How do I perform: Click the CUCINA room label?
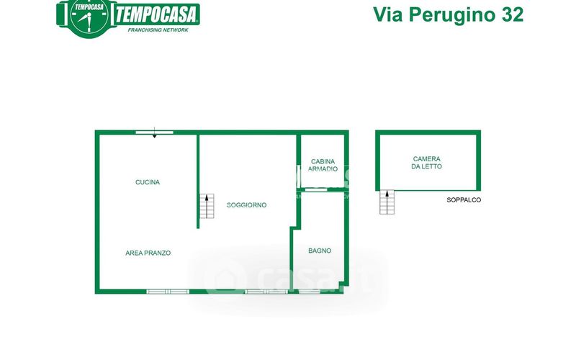click(148, 182)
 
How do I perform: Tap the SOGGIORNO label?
click(246, 205)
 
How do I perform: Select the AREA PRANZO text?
click(148, 253)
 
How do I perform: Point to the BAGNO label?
click(320, 251)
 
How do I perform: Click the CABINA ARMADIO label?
click(323, 166)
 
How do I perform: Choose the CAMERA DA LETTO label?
click(426, 163)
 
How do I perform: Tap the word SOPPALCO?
click(464, 200)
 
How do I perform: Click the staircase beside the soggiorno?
click(207, 206)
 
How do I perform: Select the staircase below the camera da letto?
click(387, 202)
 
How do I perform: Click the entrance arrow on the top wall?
click(154, 132)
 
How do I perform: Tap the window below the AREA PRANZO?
click(168, 292)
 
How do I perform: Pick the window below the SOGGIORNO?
click(266, 292)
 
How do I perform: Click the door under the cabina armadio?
click(316, 189)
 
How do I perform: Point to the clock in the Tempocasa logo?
click(89, 18)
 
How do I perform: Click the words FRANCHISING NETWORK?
click(158, 30)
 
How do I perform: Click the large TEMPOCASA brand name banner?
click(157, 15)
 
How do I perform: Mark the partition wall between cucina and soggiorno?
click(198, 181)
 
